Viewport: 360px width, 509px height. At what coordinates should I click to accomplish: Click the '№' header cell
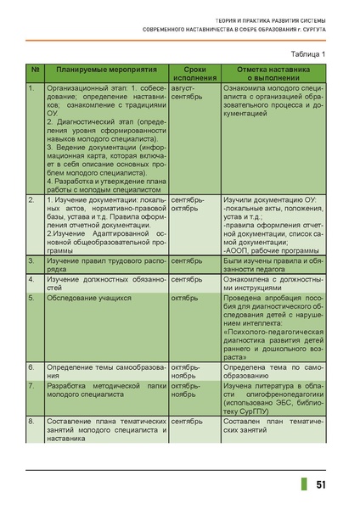click(34, 68)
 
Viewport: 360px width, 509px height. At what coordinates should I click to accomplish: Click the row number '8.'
click(31, 421)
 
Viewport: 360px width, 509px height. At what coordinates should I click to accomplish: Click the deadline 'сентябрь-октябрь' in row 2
click(188, 204)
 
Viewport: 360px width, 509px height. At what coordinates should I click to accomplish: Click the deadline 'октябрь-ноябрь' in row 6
click(187, 372)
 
